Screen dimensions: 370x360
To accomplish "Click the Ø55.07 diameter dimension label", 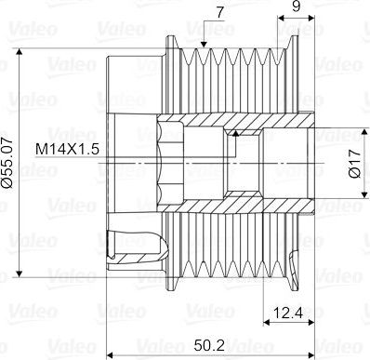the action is (x=7, y=163).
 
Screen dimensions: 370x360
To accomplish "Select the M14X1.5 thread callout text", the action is (x=67, y=150).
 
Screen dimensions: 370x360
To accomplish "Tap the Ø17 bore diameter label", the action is (x=355, y=163).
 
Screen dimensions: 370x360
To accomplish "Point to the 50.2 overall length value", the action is (x=209, y=345).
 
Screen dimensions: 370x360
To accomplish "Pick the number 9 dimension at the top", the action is (x=297, y=7).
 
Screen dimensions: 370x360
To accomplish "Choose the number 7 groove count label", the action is (x=219, y=13).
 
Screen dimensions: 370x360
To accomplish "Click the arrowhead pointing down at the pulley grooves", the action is (x=204, y=44).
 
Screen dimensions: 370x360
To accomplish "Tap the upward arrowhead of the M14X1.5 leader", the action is (x=236, y=133).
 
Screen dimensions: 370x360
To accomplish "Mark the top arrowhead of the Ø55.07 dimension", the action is (x=20, y=52).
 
